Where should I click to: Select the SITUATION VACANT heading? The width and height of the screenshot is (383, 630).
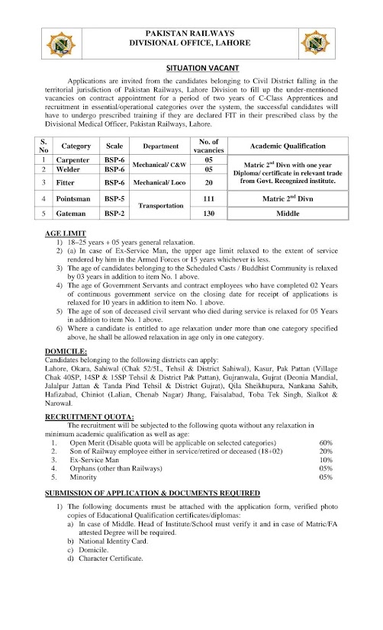tap(191, 69)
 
